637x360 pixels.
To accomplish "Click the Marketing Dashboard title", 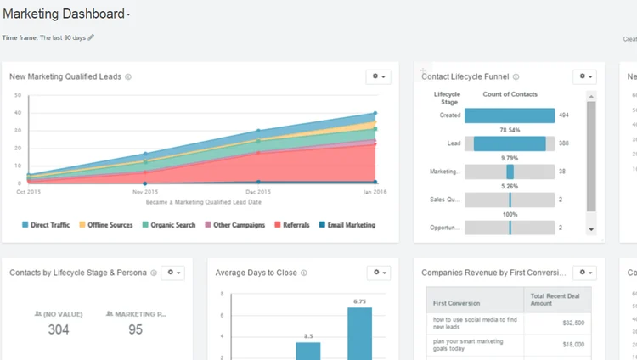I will pyautogui.click(x=65, y=14).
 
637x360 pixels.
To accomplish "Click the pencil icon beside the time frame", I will pyautogui.click(x=91, y=37).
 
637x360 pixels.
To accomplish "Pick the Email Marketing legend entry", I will pyautogui.click(x=347, y=225).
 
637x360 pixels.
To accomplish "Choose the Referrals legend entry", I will pyautogui.click(x=294, y=225).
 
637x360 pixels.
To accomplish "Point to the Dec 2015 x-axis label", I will pyautogui.click(x=259, y=191).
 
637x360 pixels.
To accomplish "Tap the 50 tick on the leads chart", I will pyautogui.click(x=18, y=95).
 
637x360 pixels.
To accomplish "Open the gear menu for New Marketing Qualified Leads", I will pyautogui.click(x=378, y=76).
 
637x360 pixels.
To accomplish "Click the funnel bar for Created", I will pyautogui.click(x=510, y=115).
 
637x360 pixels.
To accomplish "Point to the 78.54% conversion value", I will pyautogui.click(x=510, y=130).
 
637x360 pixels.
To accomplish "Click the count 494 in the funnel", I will pyautogui.click(x=564, y=115).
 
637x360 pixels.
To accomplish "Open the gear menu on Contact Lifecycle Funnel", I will pyautogui.click(x=584, y=76).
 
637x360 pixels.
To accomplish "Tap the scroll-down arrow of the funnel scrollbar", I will pyautogui.click(x=591, y=229).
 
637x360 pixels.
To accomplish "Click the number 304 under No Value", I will pyautogui.click(x=59, y=329).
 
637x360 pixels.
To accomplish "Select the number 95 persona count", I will pyautogui.click(x=135, y=329).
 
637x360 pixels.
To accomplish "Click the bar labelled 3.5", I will pyautogui.click(x=308, y=350).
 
